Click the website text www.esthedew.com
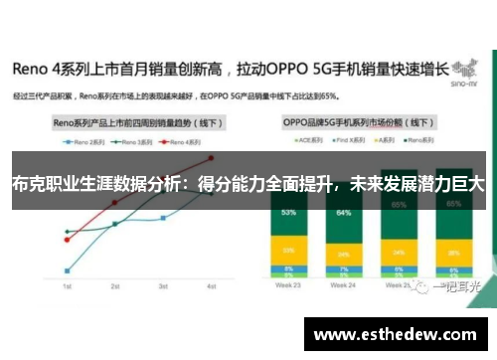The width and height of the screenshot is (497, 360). (x=395, y=334)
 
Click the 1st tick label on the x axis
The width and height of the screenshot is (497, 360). (x=67, y=285)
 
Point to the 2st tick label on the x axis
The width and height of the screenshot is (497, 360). (x=114, y=285)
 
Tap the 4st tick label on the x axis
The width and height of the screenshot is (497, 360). (x=211, y=285)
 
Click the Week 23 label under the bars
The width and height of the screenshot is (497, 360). (x=288, y=285)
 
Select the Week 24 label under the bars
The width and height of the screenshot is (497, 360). (x=345, y=285)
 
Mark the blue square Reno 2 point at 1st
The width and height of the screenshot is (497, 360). (x=67, y=270)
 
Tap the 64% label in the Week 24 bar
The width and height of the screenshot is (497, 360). (x=345, y=213)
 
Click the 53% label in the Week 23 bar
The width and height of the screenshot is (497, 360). (x=288, y=213)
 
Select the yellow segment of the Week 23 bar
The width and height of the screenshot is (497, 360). (x=288, y=251)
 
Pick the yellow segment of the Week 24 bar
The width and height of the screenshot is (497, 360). (x=345, y=249)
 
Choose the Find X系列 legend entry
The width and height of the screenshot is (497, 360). (x=344, y=142)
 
